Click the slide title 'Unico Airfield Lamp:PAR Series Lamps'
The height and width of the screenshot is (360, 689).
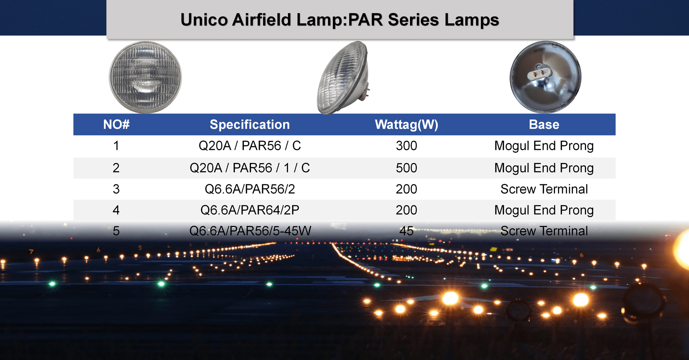[x=340, y=20]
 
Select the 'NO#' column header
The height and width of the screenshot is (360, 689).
[x=116, y=124]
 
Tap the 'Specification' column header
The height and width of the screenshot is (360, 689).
[x=250, y=125]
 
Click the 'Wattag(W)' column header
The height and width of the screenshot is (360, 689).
[x=407, y=125]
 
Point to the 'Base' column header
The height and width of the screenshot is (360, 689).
[x=544, y=124]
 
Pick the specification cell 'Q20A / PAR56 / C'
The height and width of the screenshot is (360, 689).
[x=250, y=146]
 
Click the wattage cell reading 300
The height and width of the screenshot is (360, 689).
[x=407, y=146]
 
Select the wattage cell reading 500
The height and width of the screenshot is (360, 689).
[x=407, y=168]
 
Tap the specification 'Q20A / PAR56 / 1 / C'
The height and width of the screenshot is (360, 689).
[x=250, y=168]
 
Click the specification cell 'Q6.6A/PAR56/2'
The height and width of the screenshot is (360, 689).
[x=250, y=189]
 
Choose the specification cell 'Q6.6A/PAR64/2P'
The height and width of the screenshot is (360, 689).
[x=250, y=210]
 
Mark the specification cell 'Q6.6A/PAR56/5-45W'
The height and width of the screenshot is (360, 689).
[x=250, y=231]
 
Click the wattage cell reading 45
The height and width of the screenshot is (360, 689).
[x=407, y=231]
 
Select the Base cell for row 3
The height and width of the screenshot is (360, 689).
[x=544, y=189]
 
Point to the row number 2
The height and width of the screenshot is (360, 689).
[x=116, y=168]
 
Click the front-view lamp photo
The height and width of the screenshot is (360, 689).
[x=145, y=78]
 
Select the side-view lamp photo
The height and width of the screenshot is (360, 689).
[x=343, y=78]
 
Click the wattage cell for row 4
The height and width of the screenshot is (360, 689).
[x=407, y=210]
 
